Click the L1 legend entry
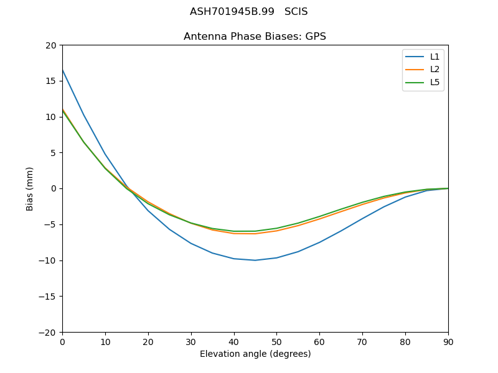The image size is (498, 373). [x=435, y=57]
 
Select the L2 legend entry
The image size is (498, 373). [x=435, y=70]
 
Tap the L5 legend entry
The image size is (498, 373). [x=435, y=82]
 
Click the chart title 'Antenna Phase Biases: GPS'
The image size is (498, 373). [x=255, y=37]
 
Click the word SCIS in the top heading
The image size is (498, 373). [x=296, y=12]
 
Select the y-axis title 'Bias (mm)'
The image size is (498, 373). [x=30, y=188]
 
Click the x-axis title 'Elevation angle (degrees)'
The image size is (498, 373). [x=255, y=354]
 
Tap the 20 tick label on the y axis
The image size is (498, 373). [x=50, y=45]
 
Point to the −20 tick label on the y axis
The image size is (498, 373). [x=47, y=332]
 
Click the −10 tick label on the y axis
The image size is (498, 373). [x=47, y=260]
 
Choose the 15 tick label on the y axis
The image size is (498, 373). [x=50, y=81]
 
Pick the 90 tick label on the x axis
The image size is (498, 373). [x=448, y=342]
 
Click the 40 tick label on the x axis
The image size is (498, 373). [x=233, y=342]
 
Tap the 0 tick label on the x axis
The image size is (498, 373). [x=62, y=342]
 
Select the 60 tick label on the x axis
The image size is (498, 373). [x=319, y=342]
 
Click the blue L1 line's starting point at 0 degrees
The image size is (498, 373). [x=63, y=70]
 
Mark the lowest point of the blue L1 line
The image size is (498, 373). [x=255, y=260]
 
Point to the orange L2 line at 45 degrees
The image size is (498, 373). [x=255, y=234]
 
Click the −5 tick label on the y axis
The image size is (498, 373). [x=49, y=224]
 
